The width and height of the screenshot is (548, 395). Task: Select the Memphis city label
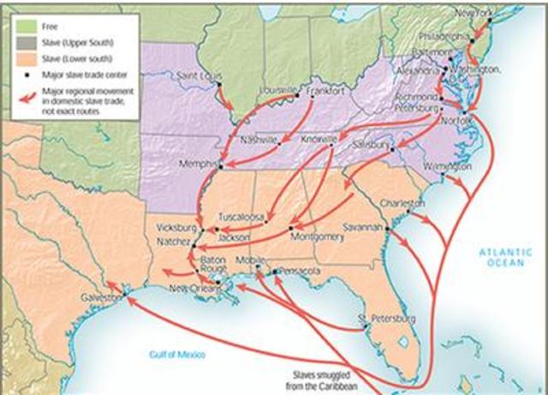tap(199, 163)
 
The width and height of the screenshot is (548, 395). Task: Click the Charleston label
tap(402, 204)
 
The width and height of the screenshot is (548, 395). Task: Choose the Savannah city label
tap(363, 228)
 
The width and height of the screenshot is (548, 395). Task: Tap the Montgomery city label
tap(316, 236)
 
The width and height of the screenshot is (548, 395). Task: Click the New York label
tap(475, 13)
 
